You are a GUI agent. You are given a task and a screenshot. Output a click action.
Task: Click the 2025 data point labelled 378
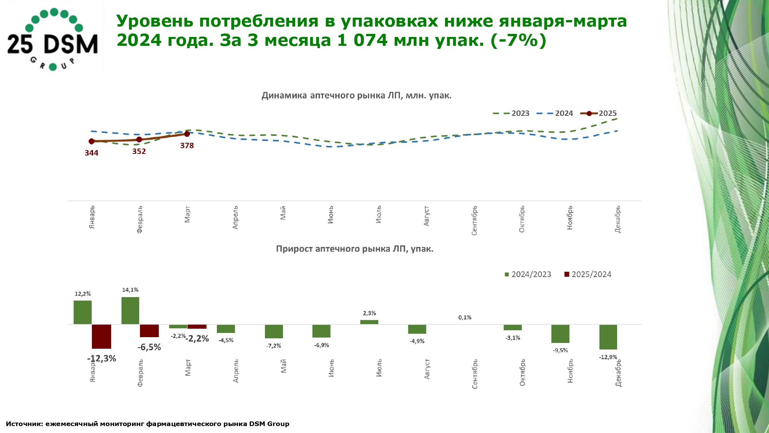tap(187, 134)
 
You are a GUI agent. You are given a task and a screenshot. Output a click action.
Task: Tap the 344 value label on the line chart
tap(92, 153)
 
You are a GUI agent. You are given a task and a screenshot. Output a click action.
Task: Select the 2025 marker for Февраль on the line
tap(139, 139)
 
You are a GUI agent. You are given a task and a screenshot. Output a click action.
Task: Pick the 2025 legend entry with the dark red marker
tap(599, 113)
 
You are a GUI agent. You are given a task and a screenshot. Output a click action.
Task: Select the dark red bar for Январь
tap(102, 336)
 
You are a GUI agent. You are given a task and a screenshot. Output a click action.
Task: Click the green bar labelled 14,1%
tap(130, 311)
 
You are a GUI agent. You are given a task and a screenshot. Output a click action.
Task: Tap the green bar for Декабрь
tap(608, 337)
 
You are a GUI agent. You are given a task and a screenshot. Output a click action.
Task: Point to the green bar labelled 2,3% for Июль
tap(369, 322)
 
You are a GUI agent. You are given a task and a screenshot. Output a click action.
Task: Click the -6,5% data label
tap(149, 347)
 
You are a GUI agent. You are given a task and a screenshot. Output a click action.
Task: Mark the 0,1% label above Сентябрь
tap(465, 318)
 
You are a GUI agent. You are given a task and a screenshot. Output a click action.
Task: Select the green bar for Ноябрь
tap(560, 334)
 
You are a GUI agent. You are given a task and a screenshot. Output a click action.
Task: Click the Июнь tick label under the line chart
tap(331, 215)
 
